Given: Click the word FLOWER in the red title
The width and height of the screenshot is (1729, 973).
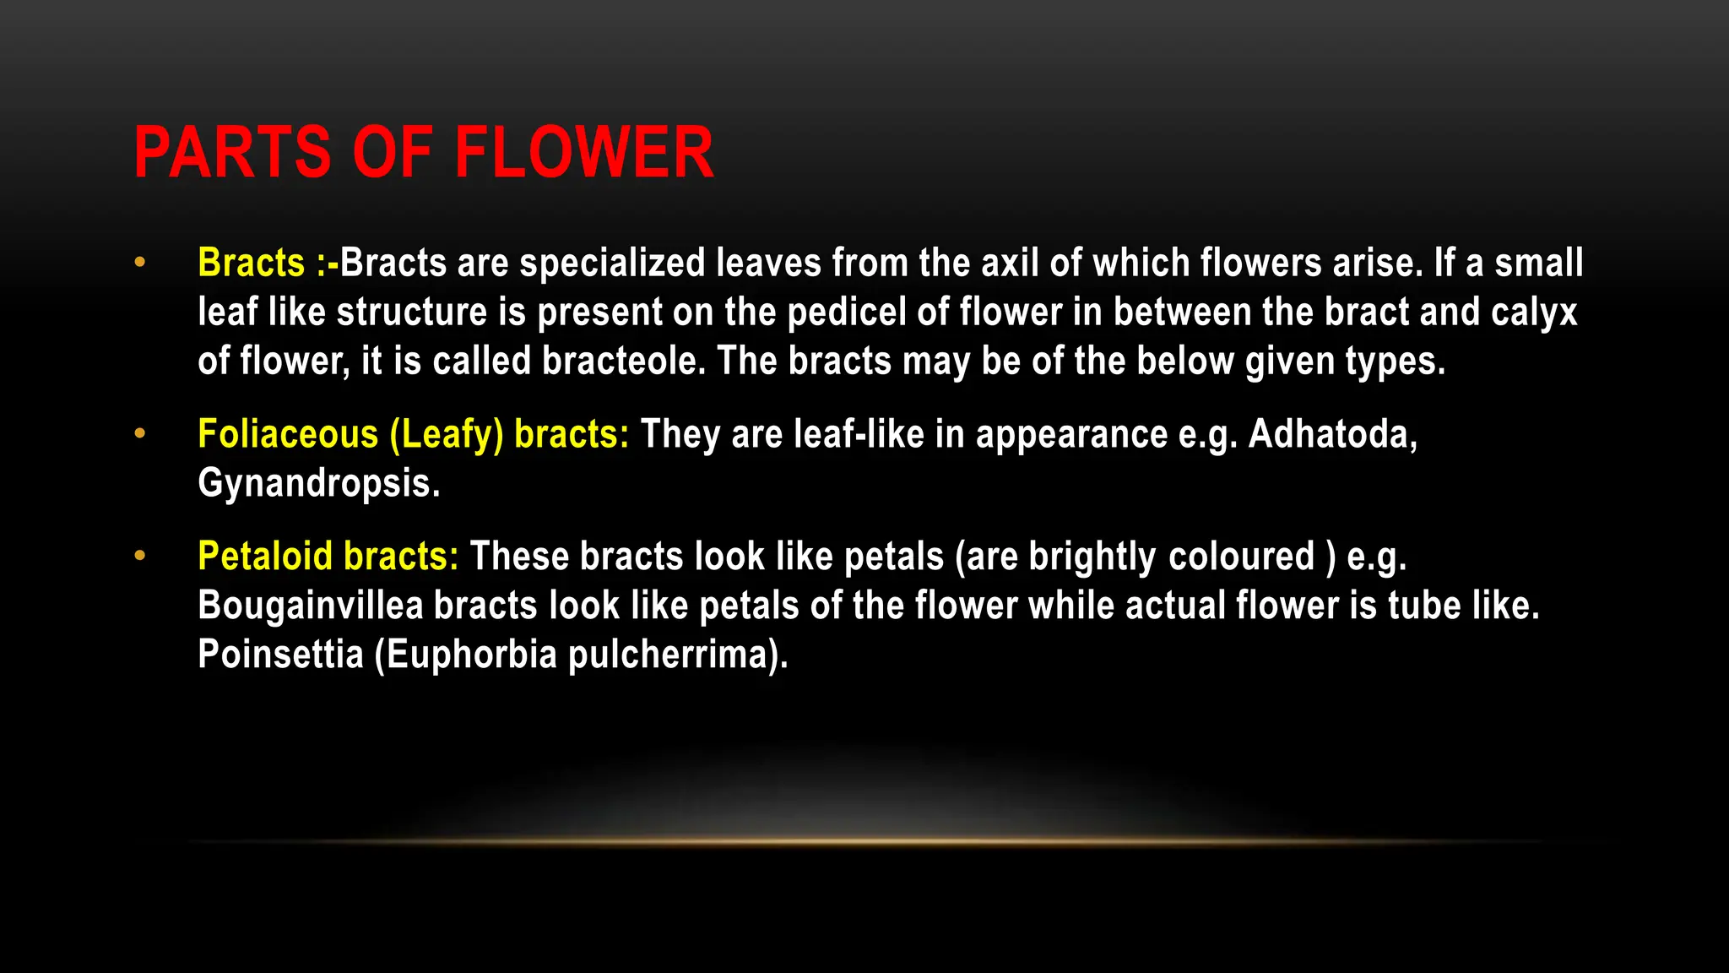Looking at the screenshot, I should tap(584, 153).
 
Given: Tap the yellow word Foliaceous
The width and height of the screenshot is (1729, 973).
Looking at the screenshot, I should tap(288, 435).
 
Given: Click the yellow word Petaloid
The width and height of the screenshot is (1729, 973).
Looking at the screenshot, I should tap(265, 557).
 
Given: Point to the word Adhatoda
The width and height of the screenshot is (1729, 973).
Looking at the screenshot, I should tap(1332, 434).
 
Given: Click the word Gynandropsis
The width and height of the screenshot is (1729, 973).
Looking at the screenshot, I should tap(318, 484).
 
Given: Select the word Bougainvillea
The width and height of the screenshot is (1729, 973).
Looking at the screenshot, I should tap(310, 606).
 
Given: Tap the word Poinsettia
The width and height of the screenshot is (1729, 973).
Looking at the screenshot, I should tap(280, 655).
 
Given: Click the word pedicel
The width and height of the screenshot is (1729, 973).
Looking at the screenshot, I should tap(847, 313).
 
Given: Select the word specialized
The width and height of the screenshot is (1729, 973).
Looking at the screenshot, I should tap(612, 264).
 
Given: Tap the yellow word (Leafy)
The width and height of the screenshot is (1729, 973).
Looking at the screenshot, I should tap(446, 435).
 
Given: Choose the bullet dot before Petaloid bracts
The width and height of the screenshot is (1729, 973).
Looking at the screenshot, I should tap(140, 556).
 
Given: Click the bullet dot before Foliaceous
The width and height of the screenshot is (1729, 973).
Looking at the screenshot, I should tap(140, 434).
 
